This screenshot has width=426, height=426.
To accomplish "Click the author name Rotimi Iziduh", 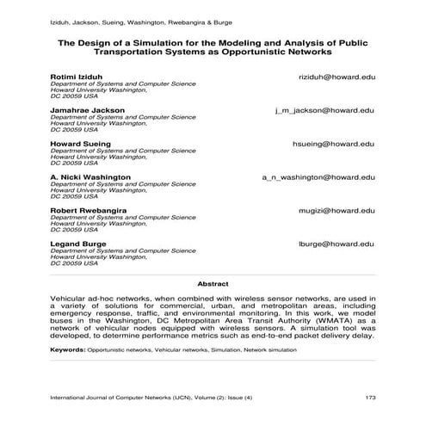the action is pyautogui.click(x=77, y=77).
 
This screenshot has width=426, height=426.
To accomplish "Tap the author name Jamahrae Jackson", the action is pyautogui.click(x=88, y=111).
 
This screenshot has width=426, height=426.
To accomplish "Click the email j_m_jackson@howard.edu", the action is pyautogui.click(x=324, y=111).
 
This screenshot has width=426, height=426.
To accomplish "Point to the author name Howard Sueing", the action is pyautogui.click(x=82, y=144).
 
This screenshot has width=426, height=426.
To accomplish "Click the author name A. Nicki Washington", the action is pyautogui.click(x=90, y=176).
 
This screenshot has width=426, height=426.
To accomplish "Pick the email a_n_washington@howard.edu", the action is pyautogui.click(x=318, y=176).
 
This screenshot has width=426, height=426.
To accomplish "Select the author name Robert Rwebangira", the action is pyautogui.click(x=89, y=210).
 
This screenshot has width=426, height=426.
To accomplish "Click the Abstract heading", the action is pyautogui.click(x=213, y=283).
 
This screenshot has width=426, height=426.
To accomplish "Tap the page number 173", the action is pyautogui.click(x=371, y=398).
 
